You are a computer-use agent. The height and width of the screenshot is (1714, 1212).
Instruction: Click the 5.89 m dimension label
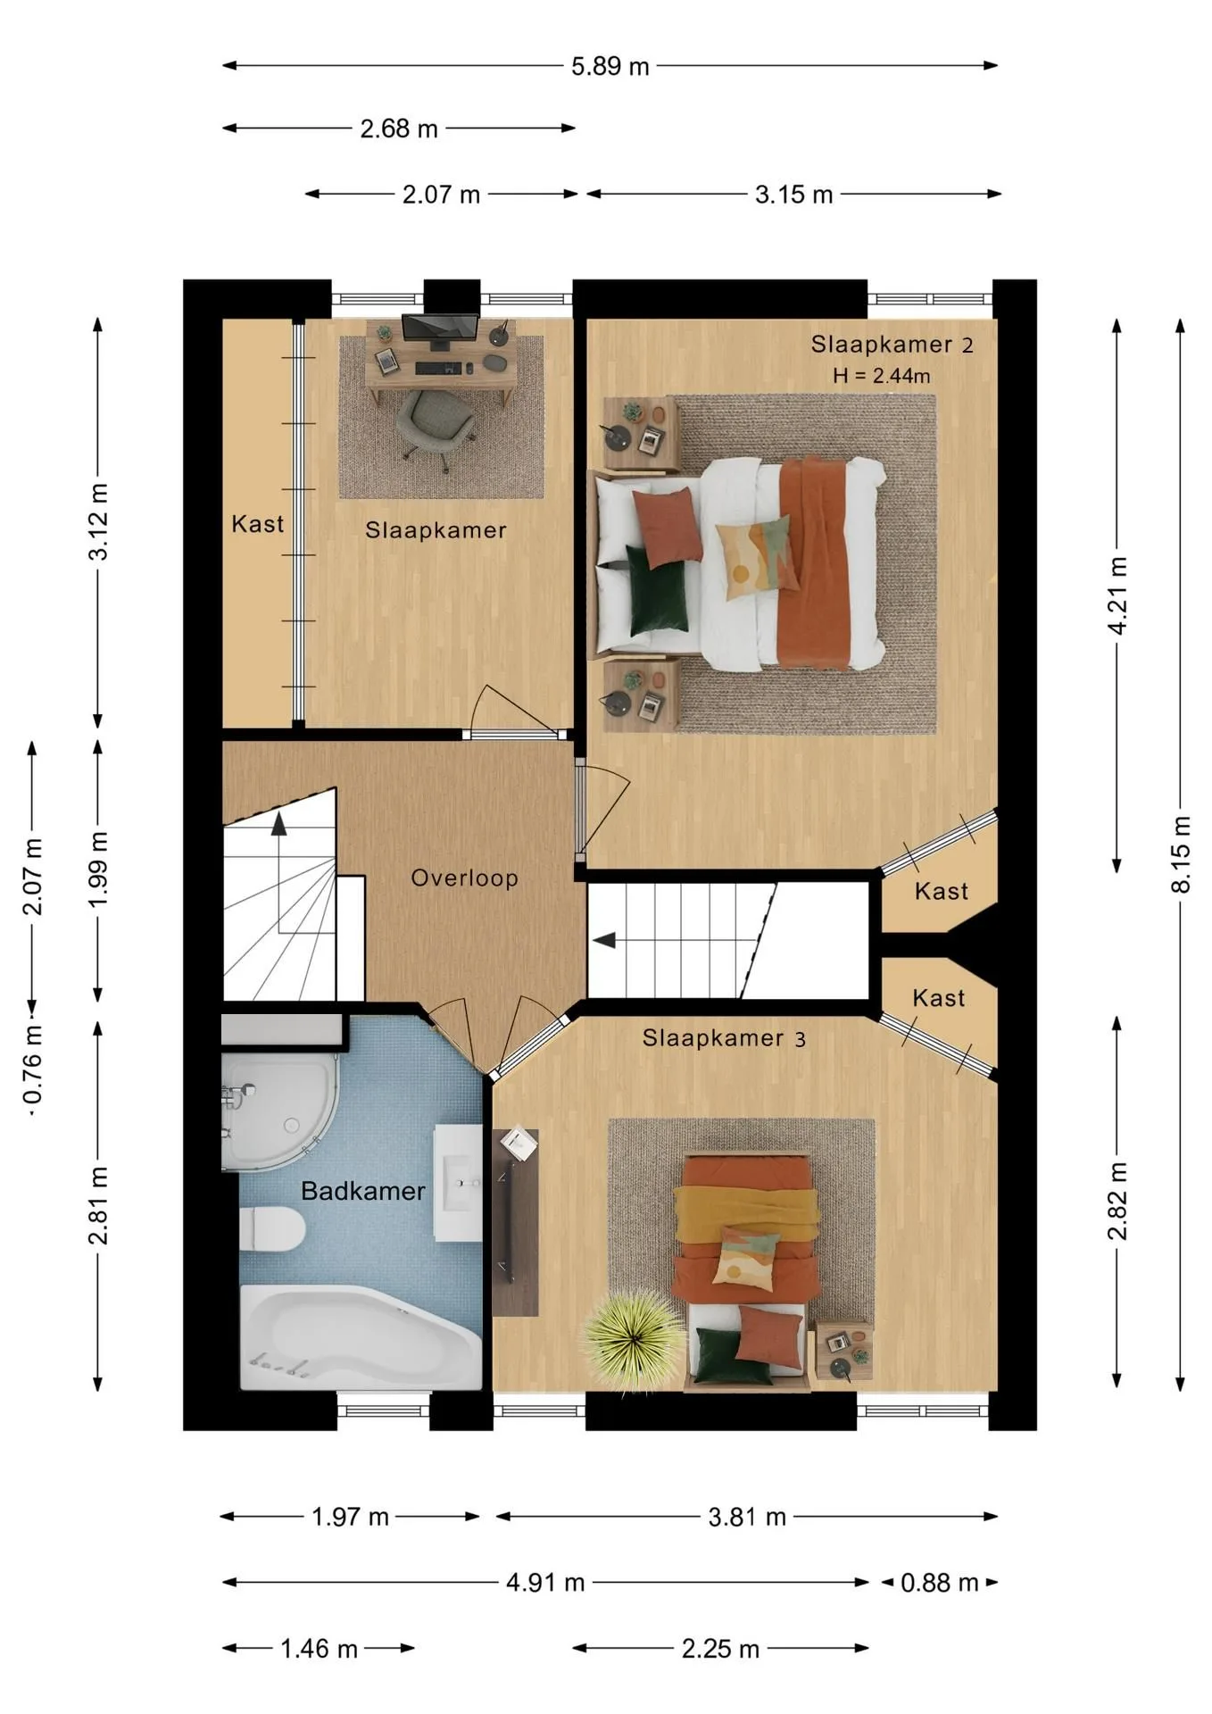pyautogui.click(x=610, y=66)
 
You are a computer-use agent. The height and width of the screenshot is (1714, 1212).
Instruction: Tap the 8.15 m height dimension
pyautogui.click(x=1181, y=853)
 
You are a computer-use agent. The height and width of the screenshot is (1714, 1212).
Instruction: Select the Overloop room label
pyautogui.click(x=464, y=878)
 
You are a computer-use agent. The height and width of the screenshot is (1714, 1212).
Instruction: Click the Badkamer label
pyautogui.click(x=362, y=1191)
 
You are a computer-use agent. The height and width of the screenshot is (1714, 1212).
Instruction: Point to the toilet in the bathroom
pyautogui.click(x=273, y=1227)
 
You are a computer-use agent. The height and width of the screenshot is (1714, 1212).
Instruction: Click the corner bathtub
pyautogui.click(x=361, y=1337)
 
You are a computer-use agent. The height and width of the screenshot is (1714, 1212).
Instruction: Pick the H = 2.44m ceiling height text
pyautogui.click(x=882, y=376)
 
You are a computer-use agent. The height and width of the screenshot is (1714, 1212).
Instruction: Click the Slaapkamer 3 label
pyautogui.click(x=724, y=1038)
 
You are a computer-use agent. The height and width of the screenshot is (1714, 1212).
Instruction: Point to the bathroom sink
pyautogui.click(x=459, y=1183)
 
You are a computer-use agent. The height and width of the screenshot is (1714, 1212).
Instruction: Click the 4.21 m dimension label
pyautogui.click(x=1117, y=595)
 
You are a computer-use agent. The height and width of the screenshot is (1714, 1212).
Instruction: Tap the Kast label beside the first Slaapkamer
pyautogui.click(x=258, y=524)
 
